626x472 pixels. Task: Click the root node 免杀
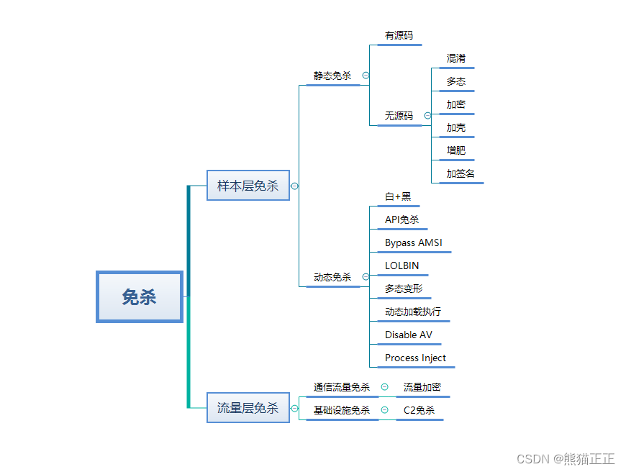pyautogui.click(x=139, y=296)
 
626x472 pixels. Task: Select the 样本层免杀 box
pyautogui.click(x=248, y=185)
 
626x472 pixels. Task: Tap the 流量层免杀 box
pyautogui.click(x=248, y=408)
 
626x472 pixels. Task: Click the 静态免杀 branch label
pyautogui.click(x=332, y=76)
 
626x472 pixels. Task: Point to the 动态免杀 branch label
pyautogui.click(x=332, y=277)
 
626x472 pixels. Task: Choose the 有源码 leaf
pyautogui.click(x=399, y=35)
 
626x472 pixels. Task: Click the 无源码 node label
pyautogui.click(x=399, y=116)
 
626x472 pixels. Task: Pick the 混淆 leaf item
pyautogui.click(x=456, y=58)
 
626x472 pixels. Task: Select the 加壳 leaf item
pyautogui.click(x=456, y=127)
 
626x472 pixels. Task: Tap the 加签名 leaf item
pyautogui.click(x=461, y=173)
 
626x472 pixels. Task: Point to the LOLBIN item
pyautogui.click(x=402, y=265)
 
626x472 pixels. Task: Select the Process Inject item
pyautogui.click(x=415, y=358)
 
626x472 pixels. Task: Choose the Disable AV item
pyautogui.click(x=409, y=335)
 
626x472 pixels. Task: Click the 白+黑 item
pyautogui.click(x=398, y=196)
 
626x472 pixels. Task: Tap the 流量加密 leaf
pyautogui.click(x=422, y=387)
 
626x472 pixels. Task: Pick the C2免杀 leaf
pyautogui.click(x=419, y=410)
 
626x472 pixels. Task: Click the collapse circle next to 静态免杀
pyautogui.click(x=366, y=76)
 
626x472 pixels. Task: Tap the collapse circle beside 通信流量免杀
pyautogui.click(x=384, y=387)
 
